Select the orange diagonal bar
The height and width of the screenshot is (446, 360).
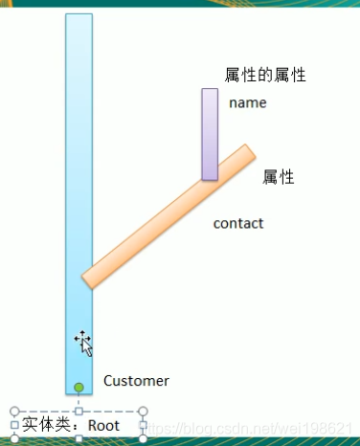(x=169, y=216)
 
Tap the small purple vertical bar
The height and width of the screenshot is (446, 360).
(x=210, y=134)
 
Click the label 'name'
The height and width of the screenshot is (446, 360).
(x=247, y=103)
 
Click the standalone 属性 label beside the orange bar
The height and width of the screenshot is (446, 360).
(x=278, y=177)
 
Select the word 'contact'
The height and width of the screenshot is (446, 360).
(x=237, y=224)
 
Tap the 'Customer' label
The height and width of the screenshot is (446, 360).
(x=136, y=381)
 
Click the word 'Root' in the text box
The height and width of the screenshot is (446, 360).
(x=103, y=425)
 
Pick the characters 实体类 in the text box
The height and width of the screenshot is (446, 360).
(x=44, y=425)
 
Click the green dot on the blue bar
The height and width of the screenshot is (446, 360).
(x=79, y=388)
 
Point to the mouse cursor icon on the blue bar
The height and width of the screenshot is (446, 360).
(x=82, y=341)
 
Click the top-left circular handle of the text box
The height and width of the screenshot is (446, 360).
(x=14, y=412)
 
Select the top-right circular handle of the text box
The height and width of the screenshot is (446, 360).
(x=144, y=412)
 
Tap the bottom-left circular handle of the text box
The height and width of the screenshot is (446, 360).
(x=14, y=438)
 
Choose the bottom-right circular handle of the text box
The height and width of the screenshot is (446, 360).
(x=144, y=438)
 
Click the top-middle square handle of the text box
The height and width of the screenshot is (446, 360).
(x=79, y=412)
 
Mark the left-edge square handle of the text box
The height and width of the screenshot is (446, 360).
(x=14, y=425)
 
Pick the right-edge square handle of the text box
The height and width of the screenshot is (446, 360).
(x=144, y=425)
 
